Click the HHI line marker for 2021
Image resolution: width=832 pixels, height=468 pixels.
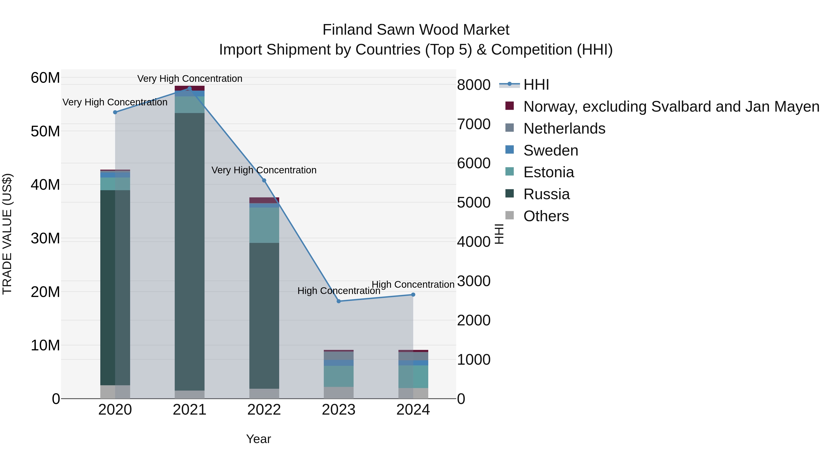190,89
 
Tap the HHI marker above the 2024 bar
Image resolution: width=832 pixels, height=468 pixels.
413,295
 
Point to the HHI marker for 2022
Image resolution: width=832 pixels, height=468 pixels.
264,180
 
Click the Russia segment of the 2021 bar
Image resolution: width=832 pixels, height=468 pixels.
190,252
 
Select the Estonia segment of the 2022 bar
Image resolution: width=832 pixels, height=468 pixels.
264,225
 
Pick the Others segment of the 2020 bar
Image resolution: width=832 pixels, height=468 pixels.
115,392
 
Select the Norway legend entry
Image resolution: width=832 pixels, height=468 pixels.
671,107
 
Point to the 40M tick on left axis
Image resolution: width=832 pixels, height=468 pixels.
45,185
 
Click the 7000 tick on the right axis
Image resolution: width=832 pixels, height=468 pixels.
474,124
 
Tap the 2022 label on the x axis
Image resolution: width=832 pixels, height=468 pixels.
264,410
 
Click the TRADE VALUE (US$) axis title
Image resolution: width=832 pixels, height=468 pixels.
7,234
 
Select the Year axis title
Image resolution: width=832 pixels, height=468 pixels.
258,439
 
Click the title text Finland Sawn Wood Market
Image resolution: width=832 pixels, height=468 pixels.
416,30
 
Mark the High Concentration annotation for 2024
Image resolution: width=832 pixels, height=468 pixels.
413,284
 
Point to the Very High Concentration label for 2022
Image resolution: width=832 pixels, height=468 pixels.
264,170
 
